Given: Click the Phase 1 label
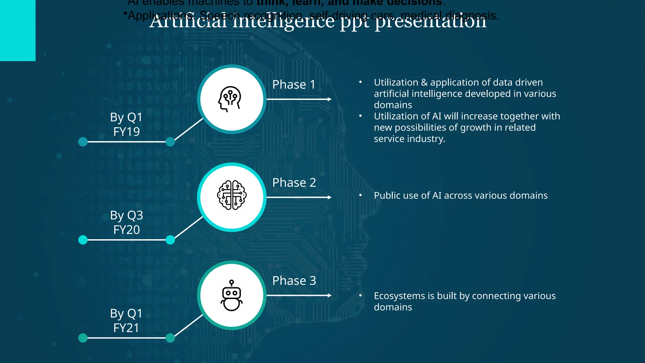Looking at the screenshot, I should click(x=294, y=84).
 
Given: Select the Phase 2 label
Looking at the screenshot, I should click(x=294, y=182).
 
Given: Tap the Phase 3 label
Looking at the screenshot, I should click(x=294, y=280).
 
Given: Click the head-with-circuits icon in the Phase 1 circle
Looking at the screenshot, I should click(x=230, y=99).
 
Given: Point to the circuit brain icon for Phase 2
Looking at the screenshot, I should click(x=232, y=195).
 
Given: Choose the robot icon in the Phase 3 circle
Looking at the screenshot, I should click(x=231, y=295).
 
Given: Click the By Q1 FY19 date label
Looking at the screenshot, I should click(x=126, y=124).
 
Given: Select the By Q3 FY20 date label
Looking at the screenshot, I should click(x=126, y=222).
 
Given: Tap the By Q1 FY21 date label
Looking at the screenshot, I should click(x=126, y=320).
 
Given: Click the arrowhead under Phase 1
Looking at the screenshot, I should click(x=329, y=99).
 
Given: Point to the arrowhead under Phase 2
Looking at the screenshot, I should click(x=329, y=197).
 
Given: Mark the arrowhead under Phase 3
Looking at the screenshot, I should click(x=329, y=295).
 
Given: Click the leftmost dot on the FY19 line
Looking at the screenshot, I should click(x=83, y=142).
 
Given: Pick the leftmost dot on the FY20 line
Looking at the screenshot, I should click(x=83, y=240).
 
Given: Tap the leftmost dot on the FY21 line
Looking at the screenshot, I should click(x=83, y=338).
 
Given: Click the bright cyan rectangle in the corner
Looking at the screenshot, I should click(x=18, y=30).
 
